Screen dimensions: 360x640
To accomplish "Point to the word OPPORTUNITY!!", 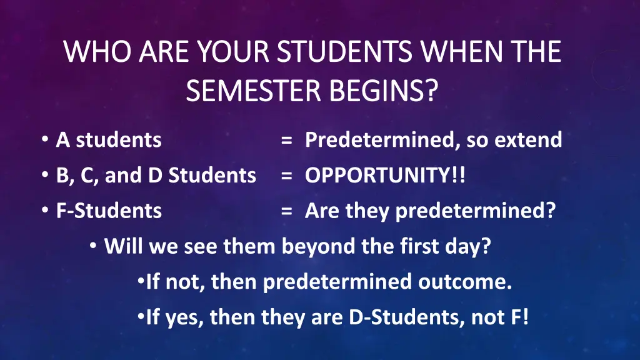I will (385, 176).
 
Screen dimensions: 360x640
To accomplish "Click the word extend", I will (528, 139).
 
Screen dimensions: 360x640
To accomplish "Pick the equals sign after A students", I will (287, 140).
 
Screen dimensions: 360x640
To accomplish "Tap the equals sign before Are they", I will (287, 211).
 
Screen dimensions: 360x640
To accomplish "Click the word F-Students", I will (109, 211).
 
